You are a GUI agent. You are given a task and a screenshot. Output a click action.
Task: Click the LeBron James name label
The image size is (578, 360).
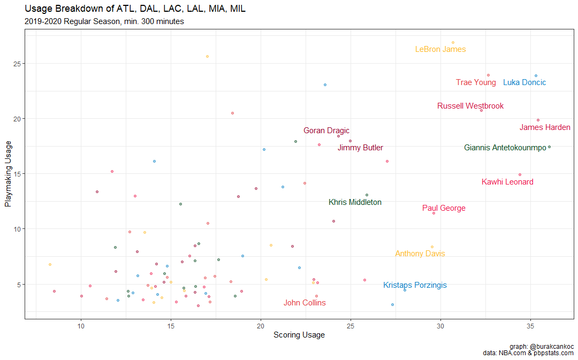pyautogui.click(x=440, y=50)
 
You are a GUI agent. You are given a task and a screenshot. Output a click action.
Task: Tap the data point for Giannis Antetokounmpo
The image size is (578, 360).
pyautogui.click(x=549, y=147)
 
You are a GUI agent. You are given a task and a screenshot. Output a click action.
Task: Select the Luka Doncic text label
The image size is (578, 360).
pyautogui.click(x=524, y=83)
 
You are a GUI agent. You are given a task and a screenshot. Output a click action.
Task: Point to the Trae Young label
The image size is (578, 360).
pyautogui.click(x=476, y=83)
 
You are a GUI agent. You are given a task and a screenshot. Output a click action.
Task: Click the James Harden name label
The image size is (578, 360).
pyautogui.click(x=545, y=128)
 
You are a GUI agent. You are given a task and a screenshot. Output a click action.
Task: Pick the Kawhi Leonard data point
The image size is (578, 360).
pyautogui.click(x=520, y=174)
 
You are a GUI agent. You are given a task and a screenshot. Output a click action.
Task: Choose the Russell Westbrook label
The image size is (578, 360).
pyautogui.click(x=470, y=106)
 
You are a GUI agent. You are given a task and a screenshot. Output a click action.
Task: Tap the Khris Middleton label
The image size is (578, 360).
pyautogui.click(x=355, y=203)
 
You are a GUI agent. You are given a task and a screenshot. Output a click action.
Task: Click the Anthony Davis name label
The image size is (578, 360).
pyautogui.click(x=420, y=254)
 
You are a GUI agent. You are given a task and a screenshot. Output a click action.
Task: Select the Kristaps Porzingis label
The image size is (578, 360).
pyautogui.click(x=415, y=286)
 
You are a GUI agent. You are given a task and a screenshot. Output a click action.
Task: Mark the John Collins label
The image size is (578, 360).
pyautogui.click(x=305, y=303)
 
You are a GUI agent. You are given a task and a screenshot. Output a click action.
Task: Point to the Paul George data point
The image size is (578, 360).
pyautogui.click(x=433, y=213)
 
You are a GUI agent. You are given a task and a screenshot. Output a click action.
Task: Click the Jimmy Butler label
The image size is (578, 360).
pyautogui.click(x=360, y=148)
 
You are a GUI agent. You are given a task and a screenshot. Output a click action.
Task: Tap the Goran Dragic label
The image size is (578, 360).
pyautogui.click(x=326, y=131)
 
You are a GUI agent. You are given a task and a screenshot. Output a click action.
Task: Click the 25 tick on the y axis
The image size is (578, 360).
pyautogui.click(x=17, y=64)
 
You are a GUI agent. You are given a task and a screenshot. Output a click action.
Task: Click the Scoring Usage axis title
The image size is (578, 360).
pyautogui.click(x=299, y=335)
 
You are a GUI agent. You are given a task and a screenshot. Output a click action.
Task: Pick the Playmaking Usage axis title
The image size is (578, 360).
pyautogui.click(x=8, y=174)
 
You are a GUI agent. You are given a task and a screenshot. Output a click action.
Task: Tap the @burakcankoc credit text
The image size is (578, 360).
pyautogui.click(x=551, y=346)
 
